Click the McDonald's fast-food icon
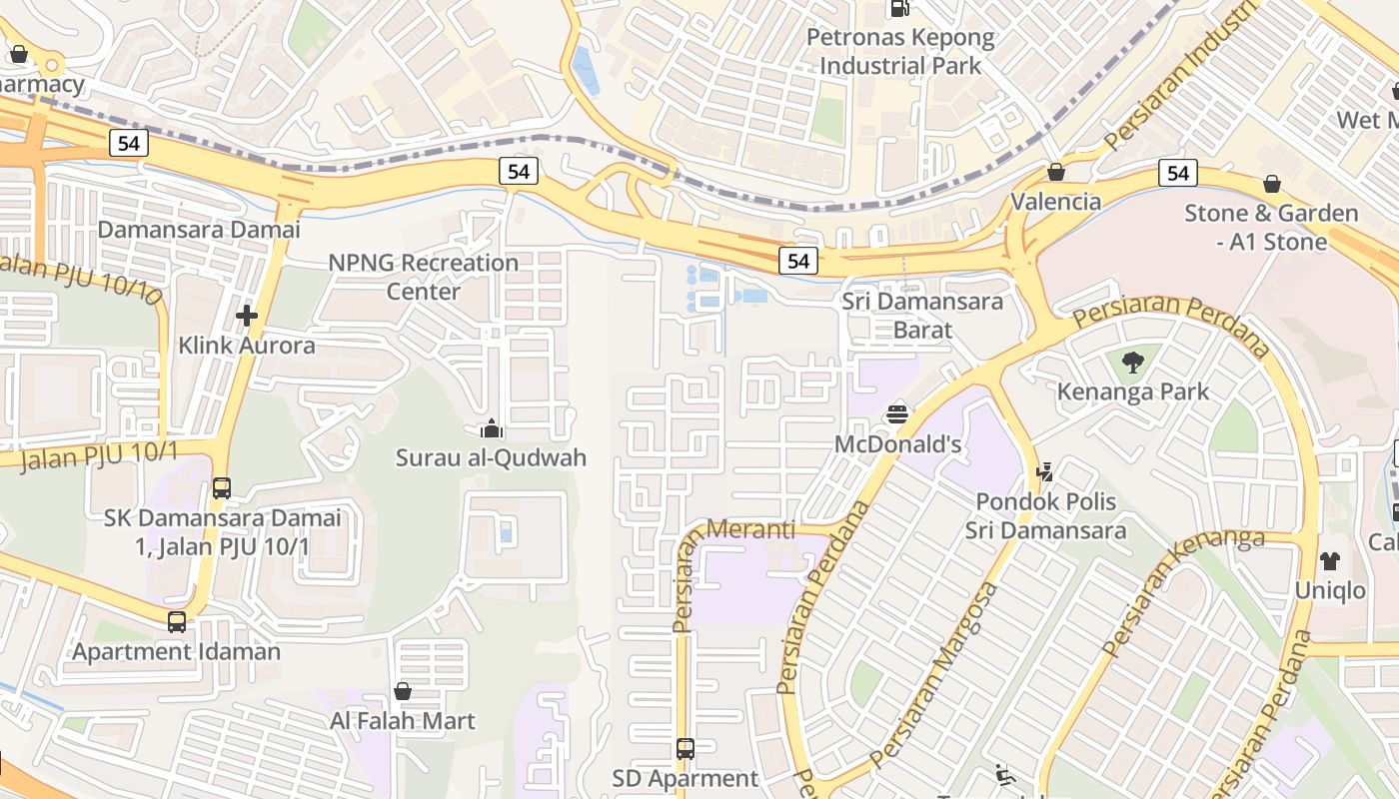[x=897, y=413]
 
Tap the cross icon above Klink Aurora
[x=247, y=316]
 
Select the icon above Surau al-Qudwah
[x=491, y=429]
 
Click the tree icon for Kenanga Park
[x=1132, y=362]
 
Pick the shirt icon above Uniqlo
[x=1329, y=560]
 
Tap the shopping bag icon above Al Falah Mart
[x=403, y=691]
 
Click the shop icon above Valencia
[x=1055, y=172]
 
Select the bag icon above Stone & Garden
[x=1271, y=184]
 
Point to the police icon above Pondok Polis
[x=1045, y=471]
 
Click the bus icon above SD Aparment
[x=685, y=748]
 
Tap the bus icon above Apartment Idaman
[x=177, y=621]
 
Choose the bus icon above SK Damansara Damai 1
[x=222, y=488]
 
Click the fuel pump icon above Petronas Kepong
[x=899, y=9]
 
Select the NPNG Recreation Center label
[x=424, y=277]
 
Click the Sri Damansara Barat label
[x=922, y=315]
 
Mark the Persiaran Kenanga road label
[x=1179, y=589]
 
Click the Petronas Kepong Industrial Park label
[x=900, y=52]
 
